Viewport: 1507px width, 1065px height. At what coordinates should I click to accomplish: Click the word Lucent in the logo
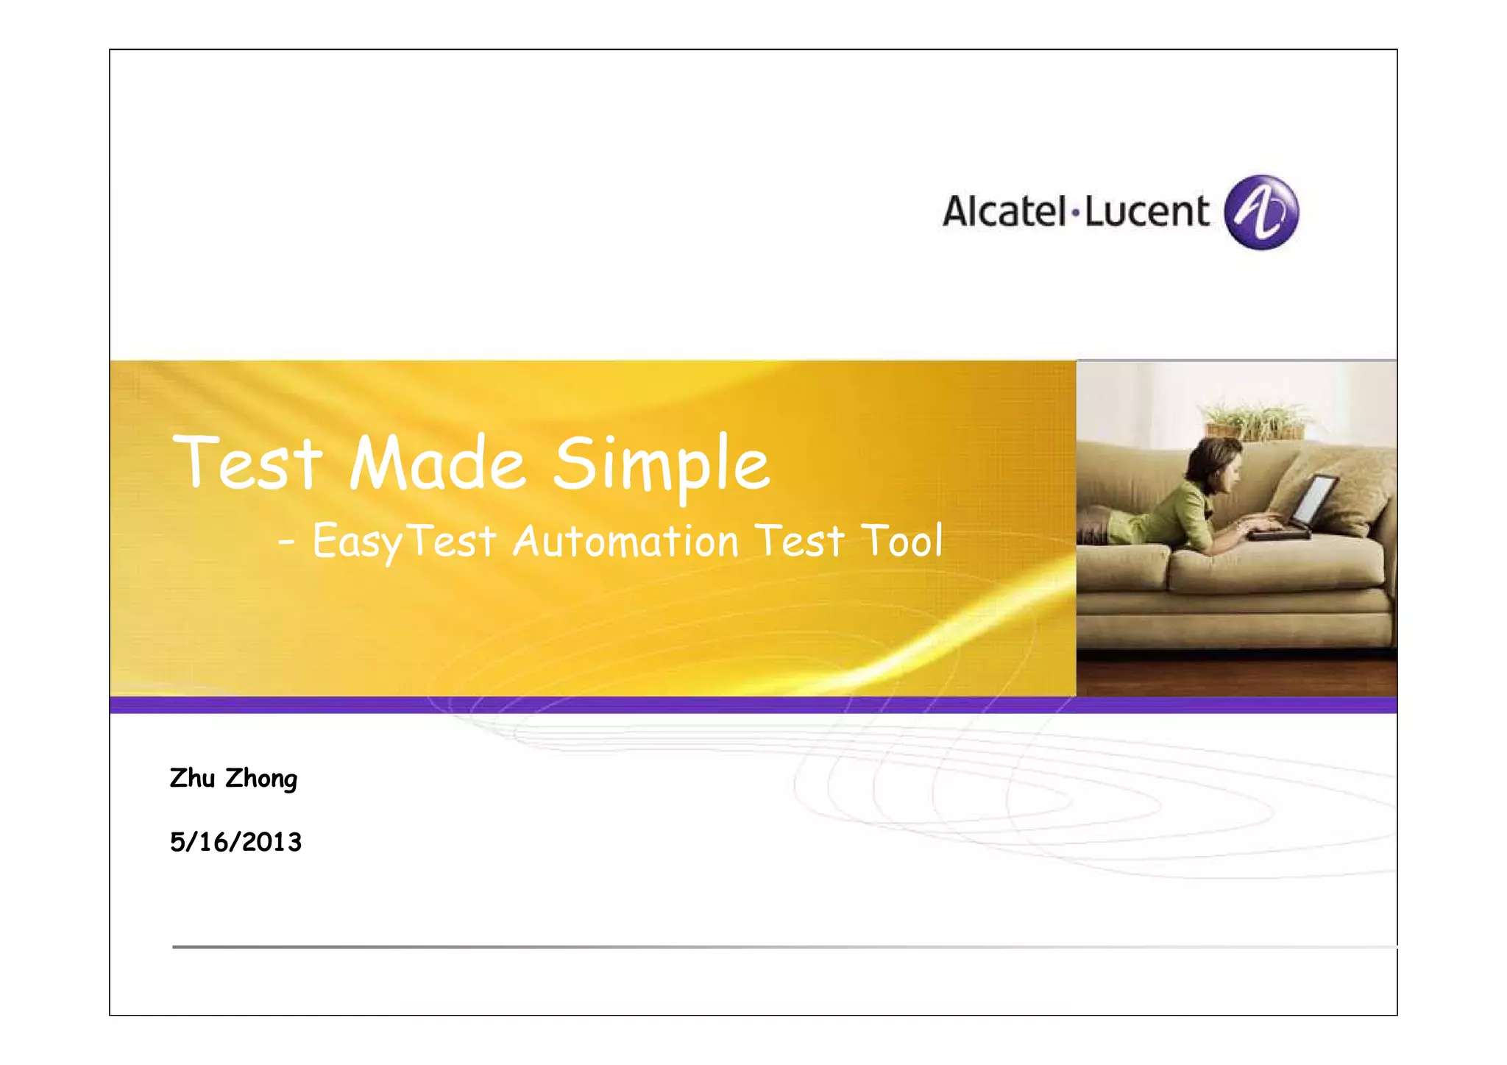coord(1146,211)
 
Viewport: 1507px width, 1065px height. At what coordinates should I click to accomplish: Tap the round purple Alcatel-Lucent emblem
coord(1261,213)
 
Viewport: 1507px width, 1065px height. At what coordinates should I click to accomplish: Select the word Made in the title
coord(437,464)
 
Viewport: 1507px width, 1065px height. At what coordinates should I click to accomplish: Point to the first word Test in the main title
coord(247,464)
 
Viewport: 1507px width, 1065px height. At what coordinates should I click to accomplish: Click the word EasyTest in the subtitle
coord(403,542)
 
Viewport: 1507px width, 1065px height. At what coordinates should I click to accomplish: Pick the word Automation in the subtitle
coord(625,542)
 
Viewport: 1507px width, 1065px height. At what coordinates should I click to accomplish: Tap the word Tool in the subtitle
coord(902,542)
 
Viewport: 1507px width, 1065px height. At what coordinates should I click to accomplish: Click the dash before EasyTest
coord(287,544)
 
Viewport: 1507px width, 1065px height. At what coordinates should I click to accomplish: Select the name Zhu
coord(192,778)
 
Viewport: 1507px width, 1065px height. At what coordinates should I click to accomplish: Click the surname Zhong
coord(261,779)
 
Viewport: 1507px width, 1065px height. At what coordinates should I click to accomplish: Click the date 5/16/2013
coord(235,842)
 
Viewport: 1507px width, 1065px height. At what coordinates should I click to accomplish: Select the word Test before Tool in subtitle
coord(800,542)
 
